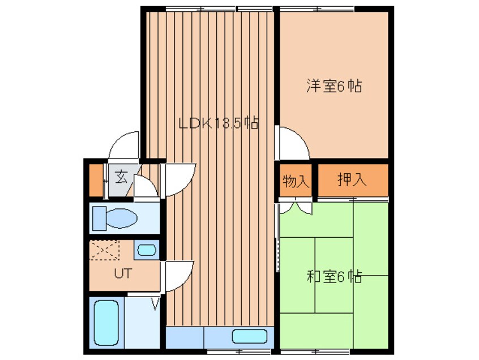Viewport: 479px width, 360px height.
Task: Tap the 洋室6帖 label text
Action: tap(334, 87)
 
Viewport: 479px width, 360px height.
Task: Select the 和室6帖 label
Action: tap(334, 277)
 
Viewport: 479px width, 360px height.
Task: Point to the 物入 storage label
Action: tap(296, 181)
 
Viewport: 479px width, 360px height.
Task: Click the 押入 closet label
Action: tap(352, 181)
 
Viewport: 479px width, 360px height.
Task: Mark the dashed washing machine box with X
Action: tap(105, 250)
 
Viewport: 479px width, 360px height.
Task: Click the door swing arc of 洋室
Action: tap(292, 143)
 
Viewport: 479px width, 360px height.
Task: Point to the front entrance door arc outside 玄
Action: tap(125, 145)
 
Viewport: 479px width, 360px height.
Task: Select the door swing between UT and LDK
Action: tap(179, 276)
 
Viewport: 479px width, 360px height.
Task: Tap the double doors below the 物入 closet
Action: tap(296, 206)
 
